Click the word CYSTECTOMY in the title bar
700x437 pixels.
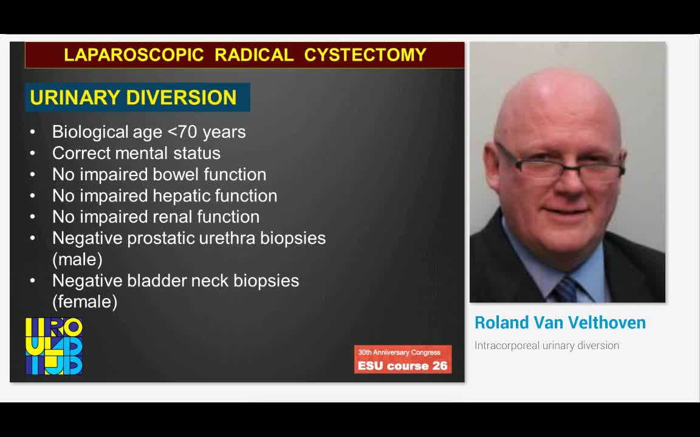365,55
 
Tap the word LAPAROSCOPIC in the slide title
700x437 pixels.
133,55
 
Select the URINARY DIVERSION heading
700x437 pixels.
133,98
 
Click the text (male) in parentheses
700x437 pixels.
77,259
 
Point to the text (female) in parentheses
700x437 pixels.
84,302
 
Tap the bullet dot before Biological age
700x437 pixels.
33,132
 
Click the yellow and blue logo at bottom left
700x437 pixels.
54,346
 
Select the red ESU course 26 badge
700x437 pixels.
402,360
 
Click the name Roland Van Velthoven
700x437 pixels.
560,323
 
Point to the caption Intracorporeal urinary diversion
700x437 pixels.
546,345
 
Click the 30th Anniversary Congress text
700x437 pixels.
399,352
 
